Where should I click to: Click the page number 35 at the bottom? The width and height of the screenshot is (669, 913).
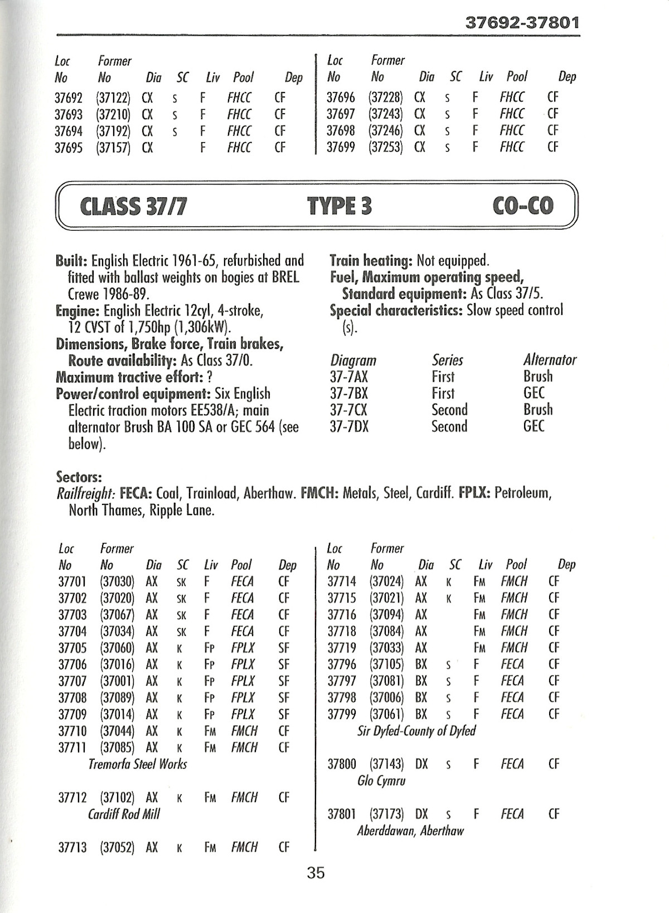click(x=316, y=872)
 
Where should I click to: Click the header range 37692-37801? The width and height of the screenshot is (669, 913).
click(x=522, y=23)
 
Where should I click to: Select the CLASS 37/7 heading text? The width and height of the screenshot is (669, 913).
click(x=133, y=206)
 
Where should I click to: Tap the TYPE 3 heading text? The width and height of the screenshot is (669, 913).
click(x=339, y=206)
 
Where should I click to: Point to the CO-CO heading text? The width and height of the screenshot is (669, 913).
click(x=523, y=206)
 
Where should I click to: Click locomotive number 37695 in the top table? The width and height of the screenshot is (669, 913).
click(x=68, y=148)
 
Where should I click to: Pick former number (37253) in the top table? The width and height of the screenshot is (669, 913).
click(x=385, y=147)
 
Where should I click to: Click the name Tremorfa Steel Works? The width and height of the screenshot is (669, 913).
click(x=137, y=764)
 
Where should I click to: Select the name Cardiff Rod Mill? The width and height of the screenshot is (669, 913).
click(x=124, y=814)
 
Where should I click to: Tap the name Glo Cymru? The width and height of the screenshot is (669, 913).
click(x=381, y=780)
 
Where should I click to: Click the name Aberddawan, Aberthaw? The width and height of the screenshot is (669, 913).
click(x=410, y=831)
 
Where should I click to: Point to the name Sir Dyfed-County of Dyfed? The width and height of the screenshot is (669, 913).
click(x=416, y=730)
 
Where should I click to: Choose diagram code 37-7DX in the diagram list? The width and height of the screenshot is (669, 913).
click(x=349, y=426)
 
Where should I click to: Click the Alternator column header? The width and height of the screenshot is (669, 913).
click(x=550, y=360)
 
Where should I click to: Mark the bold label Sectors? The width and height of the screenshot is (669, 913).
click(x=79, y=477)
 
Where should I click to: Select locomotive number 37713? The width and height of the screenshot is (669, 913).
click(x=72, y=847)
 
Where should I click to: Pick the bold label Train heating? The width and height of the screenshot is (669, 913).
click(x=369, y=260)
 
